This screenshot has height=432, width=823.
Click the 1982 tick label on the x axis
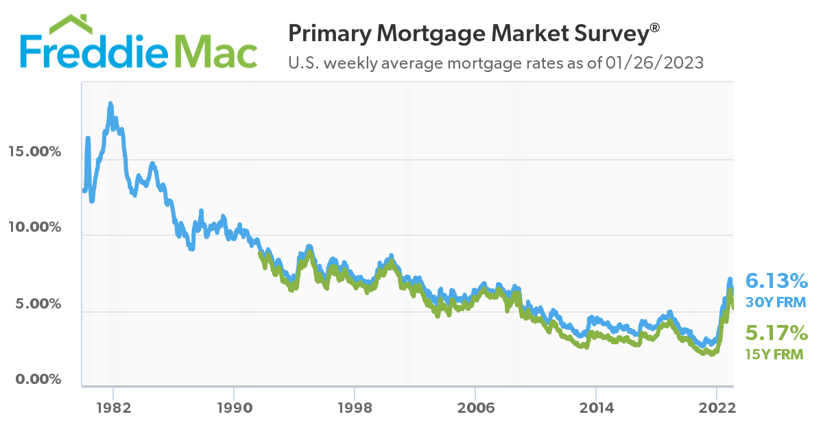[x=113, y=406]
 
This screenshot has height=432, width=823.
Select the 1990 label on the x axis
[x=234, y=406]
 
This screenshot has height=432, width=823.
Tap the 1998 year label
[x=355, y=406]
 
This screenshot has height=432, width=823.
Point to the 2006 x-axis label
[x=475, y=406]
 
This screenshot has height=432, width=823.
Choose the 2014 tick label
[x=595, y=406]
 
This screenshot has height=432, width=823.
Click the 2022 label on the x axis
[x=717, y=406]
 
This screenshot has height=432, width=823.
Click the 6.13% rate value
[x=776, y=280]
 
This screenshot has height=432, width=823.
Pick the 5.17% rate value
[x=776, y=333]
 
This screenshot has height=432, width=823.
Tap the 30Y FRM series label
[x=776, y=302]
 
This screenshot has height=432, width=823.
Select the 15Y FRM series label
[x=774, y=355]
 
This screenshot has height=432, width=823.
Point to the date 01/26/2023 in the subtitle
[x=654, y=63]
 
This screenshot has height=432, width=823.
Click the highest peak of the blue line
[x=110, y=104]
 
